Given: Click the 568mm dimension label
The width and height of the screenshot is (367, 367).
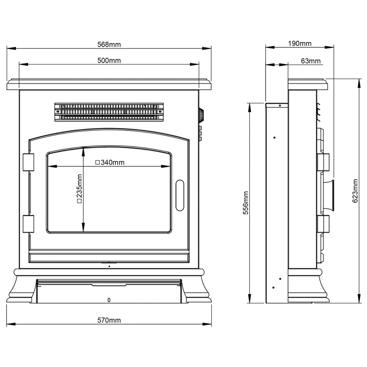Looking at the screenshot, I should coord(109,44).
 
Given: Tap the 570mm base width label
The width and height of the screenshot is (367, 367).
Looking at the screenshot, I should coord(109,320).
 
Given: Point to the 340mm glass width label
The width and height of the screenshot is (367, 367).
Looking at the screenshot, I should coord(110,163).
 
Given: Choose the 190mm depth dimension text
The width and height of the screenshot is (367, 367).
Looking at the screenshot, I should coord(299,44).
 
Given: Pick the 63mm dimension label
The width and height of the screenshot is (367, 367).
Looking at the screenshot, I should coord(310,61).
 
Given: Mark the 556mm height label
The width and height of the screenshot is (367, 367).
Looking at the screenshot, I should coord(246,202).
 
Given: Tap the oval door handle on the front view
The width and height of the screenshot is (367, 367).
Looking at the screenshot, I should coord(180,195).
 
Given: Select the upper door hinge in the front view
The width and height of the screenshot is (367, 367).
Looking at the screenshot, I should coord(28,162).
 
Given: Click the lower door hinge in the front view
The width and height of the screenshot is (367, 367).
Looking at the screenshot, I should coord(28,224).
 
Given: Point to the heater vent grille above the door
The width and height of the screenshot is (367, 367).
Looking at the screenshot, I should coord(109,112).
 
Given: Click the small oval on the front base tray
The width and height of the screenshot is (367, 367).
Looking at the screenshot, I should coord(109,300).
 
